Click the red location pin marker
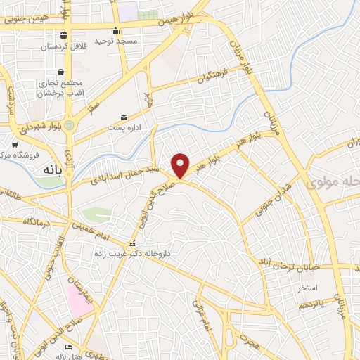coord(181,165)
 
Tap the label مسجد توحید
coord(117,41)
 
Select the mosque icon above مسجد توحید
coord(116,31)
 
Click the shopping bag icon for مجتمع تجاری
coord(61,72)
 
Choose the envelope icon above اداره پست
coord(124,117)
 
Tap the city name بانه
coord(53,170)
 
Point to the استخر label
coord(307,288)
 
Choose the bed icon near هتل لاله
coord(68,347)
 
